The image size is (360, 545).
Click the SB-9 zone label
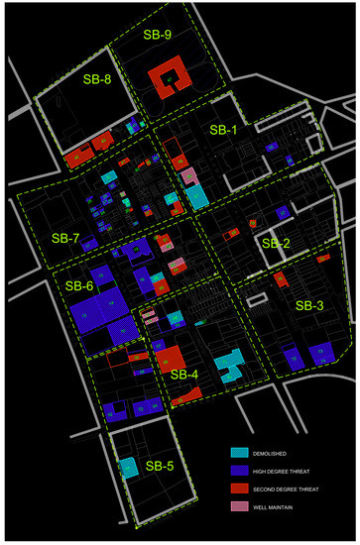(157, 35)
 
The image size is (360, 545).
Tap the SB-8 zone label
(97, 79)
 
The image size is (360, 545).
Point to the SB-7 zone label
(66, 239)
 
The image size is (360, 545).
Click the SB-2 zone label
(275, 243)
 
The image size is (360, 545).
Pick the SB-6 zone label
(79, 285)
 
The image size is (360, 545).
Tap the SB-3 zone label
(309, 306)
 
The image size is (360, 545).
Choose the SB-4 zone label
(184, 375)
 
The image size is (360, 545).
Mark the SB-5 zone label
(160, 465)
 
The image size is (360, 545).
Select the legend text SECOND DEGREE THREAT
(296, 490)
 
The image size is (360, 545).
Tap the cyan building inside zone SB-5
(129, 468)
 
